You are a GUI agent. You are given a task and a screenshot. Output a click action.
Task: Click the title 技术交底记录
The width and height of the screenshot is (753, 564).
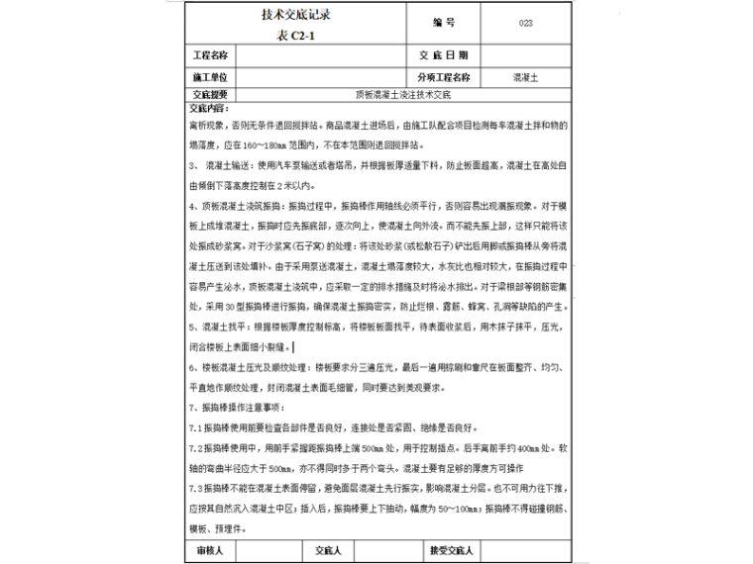click(x=295, y=17)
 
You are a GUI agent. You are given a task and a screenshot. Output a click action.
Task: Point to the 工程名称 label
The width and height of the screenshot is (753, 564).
click(x=210, y=56)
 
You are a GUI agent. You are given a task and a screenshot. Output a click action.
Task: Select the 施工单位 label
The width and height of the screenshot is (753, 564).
click(x=210, y=76)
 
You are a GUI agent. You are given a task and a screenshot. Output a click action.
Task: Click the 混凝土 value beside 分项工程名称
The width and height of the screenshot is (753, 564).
click(x=524, y=76)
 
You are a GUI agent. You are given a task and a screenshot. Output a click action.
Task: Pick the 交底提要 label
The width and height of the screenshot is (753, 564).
click(x=210, y=95)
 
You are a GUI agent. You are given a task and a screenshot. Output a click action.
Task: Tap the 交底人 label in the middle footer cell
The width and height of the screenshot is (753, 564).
click(x=327, y=550)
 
